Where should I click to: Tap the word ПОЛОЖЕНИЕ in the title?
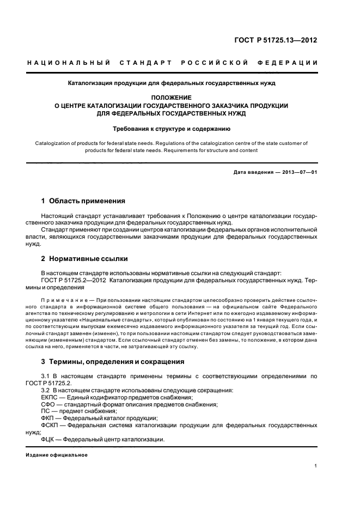coord(172,97)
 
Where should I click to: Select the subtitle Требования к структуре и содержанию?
coord(172,129)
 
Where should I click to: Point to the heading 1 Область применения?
coord(83,201)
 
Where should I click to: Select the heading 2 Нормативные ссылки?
coord(84,259)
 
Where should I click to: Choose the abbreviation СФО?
coord(49,404)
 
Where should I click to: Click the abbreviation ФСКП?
coord(51,425)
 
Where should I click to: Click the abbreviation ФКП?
coord(48,418)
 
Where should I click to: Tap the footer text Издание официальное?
coord(57,454)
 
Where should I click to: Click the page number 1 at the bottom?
coord(316,466)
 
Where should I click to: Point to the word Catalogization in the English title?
coord(54,143)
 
